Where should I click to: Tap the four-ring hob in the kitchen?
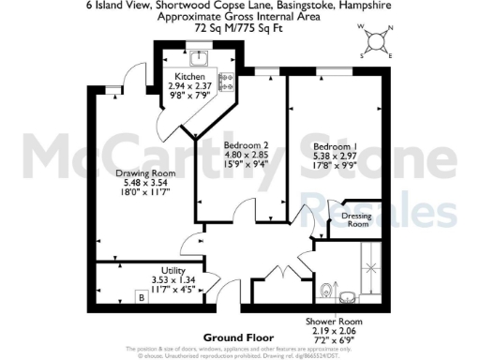point(225,83)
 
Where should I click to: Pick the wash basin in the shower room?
point(348,298)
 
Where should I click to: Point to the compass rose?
point(376,42)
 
